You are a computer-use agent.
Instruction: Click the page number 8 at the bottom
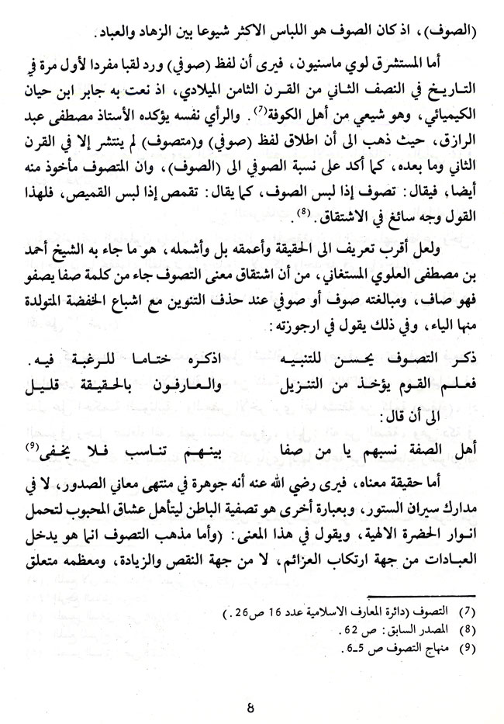[250, 706]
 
